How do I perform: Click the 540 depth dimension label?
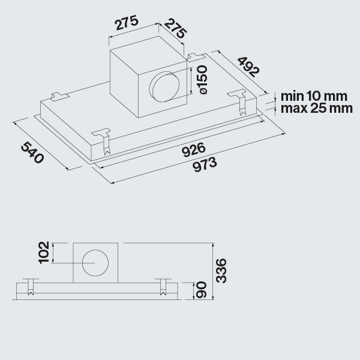pos(32,152)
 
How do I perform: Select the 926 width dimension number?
pos(194,149)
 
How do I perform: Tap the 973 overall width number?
pos(205,164)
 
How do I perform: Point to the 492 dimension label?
pos(248,67)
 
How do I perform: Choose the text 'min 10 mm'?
pos(314,97)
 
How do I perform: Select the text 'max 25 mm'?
pos(317,108)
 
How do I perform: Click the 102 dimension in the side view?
pos(44,253)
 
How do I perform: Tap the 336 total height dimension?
pos(221,271)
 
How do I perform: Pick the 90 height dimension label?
pos(201,290)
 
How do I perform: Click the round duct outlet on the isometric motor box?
pos(164,87)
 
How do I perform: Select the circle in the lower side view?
pos(95,263)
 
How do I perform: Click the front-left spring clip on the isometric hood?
pos(102,141)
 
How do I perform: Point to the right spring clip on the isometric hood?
pos(238,103)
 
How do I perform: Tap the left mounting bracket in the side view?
pos(31,287)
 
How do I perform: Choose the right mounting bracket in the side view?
pos(163,287)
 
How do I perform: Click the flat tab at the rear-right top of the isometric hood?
pos(196,56)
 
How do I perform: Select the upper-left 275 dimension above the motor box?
pos(127,23)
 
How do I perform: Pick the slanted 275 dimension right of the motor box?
pos(175,29)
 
